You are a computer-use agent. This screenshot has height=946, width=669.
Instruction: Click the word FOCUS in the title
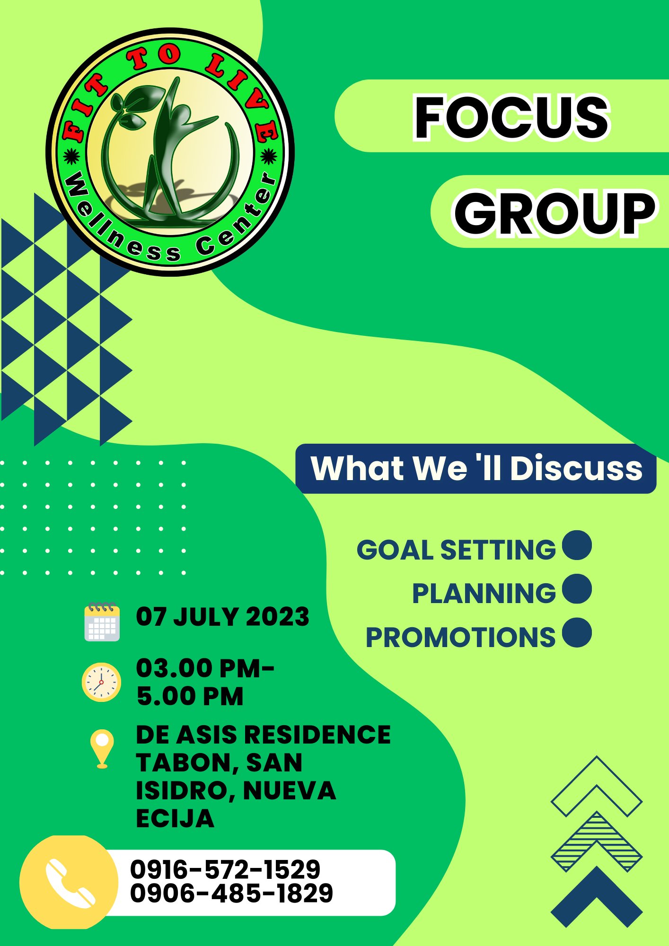(x=512, y=117)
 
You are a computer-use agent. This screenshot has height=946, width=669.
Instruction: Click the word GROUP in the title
(x=555, y=213)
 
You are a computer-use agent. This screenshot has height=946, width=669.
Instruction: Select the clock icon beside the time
(x=101, y=682)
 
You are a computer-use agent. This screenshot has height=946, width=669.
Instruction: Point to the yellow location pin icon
(x=102, y=749)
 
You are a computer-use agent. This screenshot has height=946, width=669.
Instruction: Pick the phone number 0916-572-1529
(x=225, y=869)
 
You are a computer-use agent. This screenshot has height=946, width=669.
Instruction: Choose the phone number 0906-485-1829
(x=231, y=893)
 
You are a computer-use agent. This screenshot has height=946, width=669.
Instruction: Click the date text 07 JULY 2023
(x=222, y=617)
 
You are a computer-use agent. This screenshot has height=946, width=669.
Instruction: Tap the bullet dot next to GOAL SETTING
(x=577, y=545)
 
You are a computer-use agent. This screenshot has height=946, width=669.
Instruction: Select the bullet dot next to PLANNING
(x=577, y=589)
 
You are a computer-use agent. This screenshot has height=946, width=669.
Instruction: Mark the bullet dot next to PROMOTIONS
(x=577, y=632)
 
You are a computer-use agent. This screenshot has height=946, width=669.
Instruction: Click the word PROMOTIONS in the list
(x=460, y=637)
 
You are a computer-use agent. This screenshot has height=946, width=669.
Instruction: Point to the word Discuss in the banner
(x=576, y=468)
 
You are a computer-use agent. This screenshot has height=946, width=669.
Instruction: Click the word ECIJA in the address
(x=175, y=818)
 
